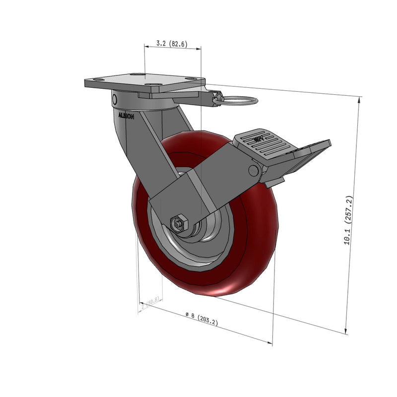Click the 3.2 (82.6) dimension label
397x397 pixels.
[x=171, y=44]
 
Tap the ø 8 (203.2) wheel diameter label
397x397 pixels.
[x=201, y=318]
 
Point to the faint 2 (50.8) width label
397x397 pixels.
[x=150, y=303]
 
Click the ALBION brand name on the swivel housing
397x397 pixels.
[x=126, y=115]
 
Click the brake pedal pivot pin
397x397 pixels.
[x=254, y=171]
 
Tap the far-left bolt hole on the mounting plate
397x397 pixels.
[x=98, y=79]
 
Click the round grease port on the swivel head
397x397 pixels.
[x=114, y=100]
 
